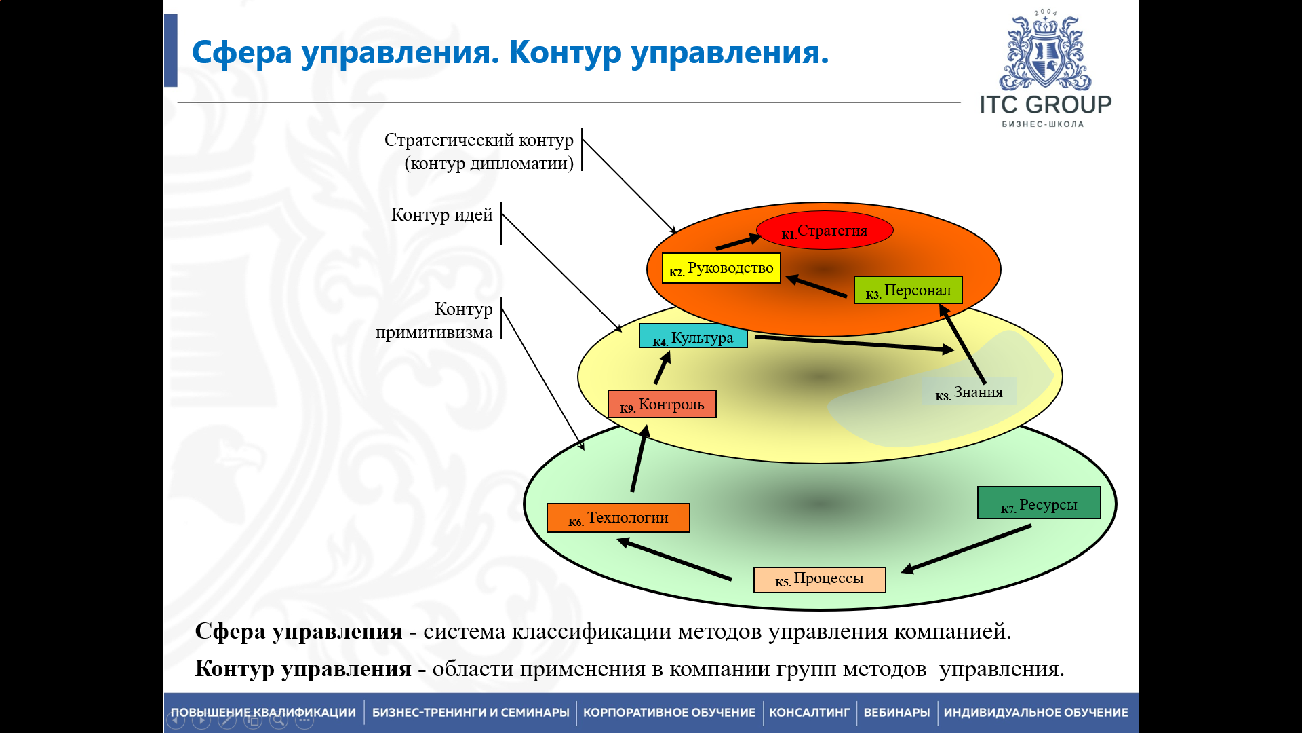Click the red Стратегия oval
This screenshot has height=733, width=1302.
pos(825,231)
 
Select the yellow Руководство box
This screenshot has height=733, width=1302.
pos(722,268)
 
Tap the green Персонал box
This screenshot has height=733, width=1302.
pos(908,290)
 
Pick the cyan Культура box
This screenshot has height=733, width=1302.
pos(693,337)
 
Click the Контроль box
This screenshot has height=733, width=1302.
pos(662,405)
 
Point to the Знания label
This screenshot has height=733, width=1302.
pos(969,392)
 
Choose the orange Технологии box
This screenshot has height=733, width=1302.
pos(618,518)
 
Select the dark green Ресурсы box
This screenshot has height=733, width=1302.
pos(1039,504)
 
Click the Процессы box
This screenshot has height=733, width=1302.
pos(819,580)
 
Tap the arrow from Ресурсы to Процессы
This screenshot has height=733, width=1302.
pos(966,549)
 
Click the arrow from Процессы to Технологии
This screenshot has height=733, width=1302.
pos(675,559)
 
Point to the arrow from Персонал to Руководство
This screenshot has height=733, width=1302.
pos(816,286)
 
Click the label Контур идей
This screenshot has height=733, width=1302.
pos(441,215)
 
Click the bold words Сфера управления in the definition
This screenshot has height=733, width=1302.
pos(298,631)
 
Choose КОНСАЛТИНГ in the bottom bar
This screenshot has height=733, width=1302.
pos(809,713)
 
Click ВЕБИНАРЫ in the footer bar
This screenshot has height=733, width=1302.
pos(896,713)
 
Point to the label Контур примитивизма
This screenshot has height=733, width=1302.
pos(435,320)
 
